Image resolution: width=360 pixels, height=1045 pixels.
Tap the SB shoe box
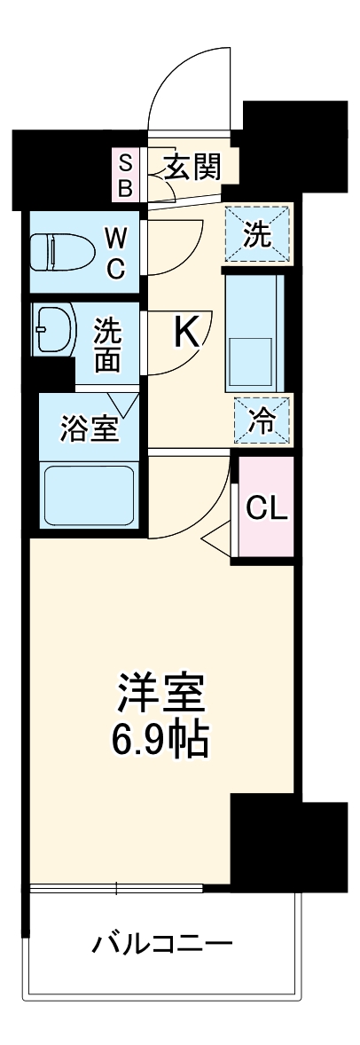coord(126,175)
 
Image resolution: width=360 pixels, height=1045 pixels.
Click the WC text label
coord(116,253)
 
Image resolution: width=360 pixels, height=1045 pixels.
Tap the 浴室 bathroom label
coord(89,429)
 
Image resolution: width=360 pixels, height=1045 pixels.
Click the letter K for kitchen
coord(185,333)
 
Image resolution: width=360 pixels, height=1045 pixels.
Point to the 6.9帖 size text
coord(163,739)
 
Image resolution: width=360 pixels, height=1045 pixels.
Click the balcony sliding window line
coord(116,887)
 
